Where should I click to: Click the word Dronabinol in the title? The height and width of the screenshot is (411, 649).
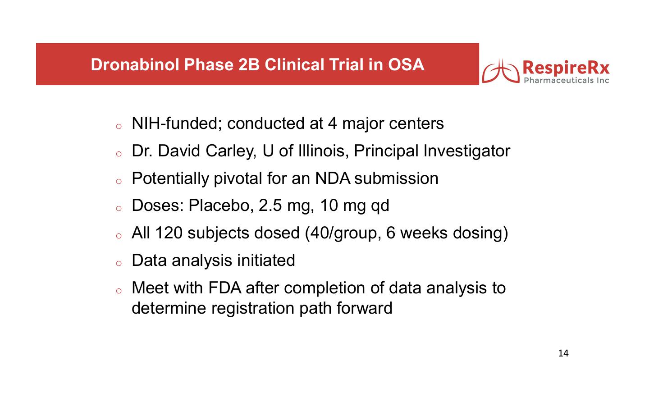coord(135,64)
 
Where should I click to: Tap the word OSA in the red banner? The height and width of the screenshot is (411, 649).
coord(406,64)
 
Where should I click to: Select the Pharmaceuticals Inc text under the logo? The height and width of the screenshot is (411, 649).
coord(567,80)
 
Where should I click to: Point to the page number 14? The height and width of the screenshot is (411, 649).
coord(563,353)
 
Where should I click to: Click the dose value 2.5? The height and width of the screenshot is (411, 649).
coord(270,205)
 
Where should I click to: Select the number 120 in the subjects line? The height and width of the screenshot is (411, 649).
coord(169,233)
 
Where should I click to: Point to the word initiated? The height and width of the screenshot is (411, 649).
coord(266,260)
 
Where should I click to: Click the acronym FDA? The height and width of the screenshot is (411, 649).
coord(224,288)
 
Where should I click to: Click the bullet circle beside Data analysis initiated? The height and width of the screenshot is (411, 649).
coord(119,263)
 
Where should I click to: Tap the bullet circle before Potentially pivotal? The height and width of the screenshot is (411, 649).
coord(119,181)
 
